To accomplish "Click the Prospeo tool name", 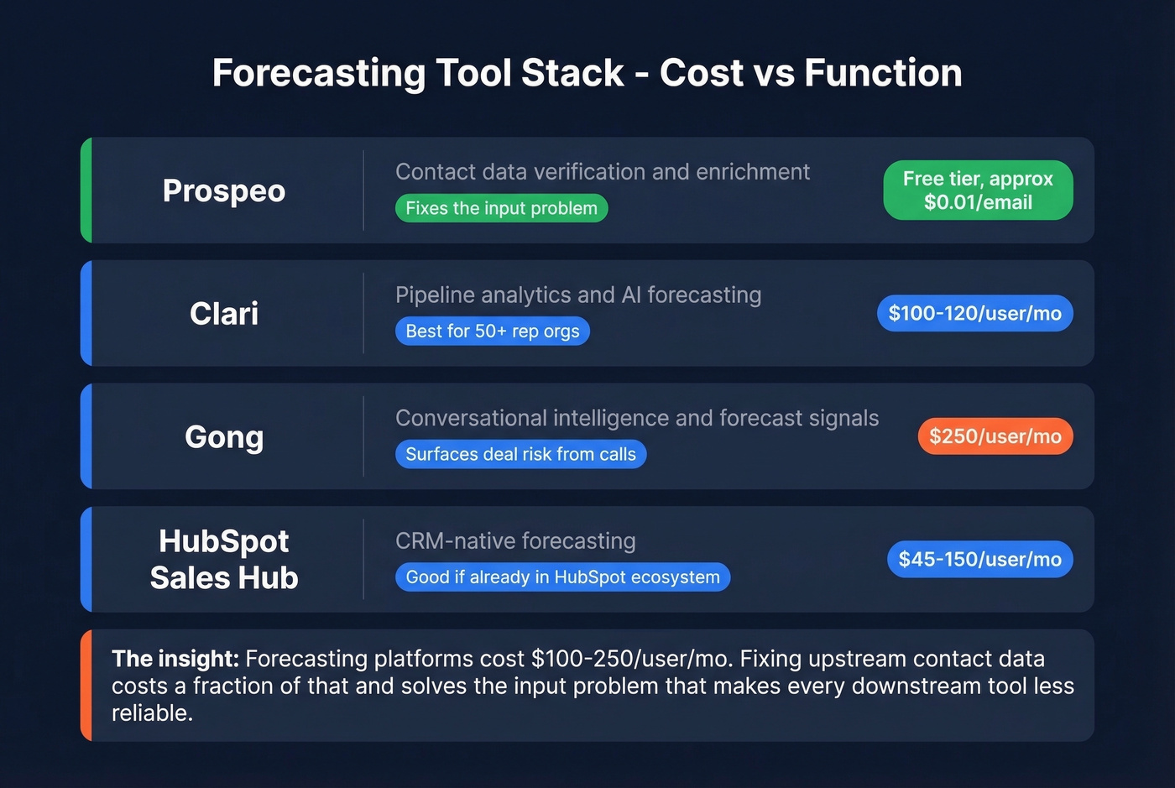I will click(224, 191).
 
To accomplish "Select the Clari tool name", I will click(224, 314).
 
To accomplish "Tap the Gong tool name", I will click(224, 436).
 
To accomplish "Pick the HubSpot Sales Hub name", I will click(224, 559).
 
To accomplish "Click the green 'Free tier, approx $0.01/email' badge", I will click(978, 190).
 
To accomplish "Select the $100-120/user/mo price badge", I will click(974, 313).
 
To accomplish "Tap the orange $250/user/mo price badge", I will click(995, 436).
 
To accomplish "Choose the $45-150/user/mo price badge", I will click(979, 559).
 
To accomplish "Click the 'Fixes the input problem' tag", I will click(501, 208).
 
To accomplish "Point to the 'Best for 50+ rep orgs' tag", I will click(492, 331).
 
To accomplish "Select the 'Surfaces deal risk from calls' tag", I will click(520, 454).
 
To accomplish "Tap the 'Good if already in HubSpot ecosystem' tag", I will click(562, 577).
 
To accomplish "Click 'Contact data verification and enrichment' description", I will click(602, 172).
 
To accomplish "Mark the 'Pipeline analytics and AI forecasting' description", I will click(578, 295).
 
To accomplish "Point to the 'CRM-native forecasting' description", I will click(515, 541).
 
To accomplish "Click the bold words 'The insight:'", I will click(175, 659).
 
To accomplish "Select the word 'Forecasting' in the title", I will click(318, 73).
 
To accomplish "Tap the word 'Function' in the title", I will click(883, 73).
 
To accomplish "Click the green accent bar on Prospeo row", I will click(86, 190).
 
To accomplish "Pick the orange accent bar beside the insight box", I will click(86, 685).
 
